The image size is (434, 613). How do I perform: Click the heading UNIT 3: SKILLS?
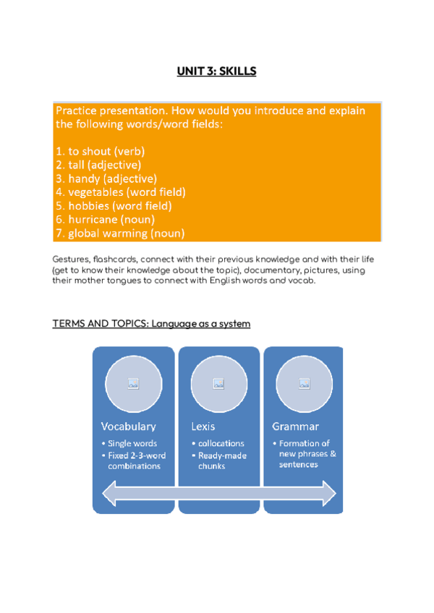point(217,72)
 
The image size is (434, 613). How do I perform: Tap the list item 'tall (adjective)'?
point(98,165)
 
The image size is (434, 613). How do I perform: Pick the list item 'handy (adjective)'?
point(106,179)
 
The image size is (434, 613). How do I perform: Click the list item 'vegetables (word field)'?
point(120,192)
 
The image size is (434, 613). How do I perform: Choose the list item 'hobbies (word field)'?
point(114,206)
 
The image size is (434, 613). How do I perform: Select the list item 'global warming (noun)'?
point(120,233)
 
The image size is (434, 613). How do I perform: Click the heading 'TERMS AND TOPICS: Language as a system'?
point(151,324)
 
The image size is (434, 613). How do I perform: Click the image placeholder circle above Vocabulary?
point(133,384)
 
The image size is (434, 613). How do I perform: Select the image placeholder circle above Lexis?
point(218,384)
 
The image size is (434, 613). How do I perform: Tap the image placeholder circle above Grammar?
point(304,384)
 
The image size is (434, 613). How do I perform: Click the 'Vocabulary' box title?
point(129,426)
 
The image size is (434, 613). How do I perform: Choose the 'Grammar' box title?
point(296,426)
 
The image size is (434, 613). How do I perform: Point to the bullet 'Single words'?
point(132,443)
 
